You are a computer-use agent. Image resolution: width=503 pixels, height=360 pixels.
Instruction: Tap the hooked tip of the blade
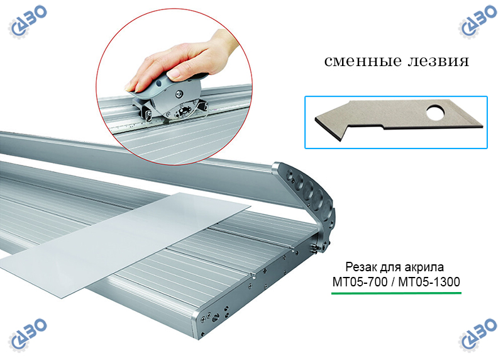tap(340, 138)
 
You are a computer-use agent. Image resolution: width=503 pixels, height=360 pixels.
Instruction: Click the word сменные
tap(363, 61)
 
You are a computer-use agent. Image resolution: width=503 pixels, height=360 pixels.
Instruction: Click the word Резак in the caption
tap(361, 267)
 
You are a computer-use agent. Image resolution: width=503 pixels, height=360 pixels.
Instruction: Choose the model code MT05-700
tap(360, 282)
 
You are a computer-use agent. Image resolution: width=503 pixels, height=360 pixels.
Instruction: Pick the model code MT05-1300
tap(429, 282)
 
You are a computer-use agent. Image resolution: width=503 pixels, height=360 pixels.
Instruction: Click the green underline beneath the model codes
tap(396, 293)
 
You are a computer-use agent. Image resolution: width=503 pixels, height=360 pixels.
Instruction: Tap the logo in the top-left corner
tap(28, 22)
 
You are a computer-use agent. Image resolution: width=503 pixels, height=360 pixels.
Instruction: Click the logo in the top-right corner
tap(477, 22)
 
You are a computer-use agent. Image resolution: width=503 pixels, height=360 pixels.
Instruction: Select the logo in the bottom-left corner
tap(28, 335)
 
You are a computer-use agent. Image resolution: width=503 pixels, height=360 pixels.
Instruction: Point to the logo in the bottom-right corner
tap(477, 335)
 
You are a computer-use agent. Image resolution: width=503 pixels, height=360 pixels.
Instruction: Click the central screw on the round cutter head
tap(178, 93)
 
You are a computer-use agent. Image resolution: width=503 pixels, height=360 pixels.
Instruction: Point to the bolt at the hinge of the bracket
tap(315, 247)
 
